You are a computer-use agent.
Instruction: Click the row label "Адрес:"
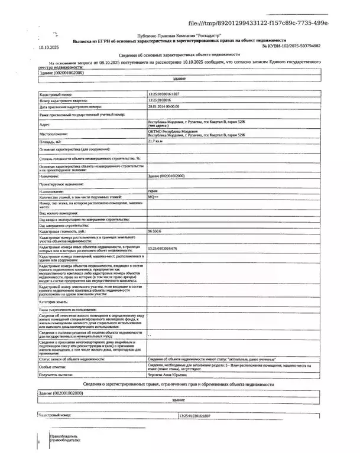pyautogui.click(x=45, y=125)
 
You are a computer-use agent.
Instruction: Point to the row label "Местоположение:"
pyautogui.click(x=54, y=133)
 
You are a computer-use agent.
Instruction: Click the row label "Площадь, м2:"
pyautogui.click(x=51, y=142)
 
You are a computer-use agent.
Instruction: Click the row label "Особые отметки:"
pyautogui.click(x=53, y=366)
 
